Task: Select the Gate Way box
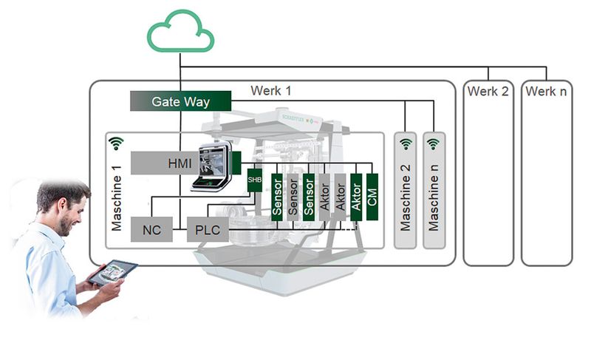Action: coord(180,101)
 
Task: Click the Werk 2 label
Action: coord(488,91)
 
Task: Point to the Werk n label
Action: coord(546,91)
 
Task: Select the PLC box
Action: coord(207,229)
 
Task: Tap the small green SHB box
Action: coord(255,180)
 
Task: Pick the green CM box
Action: coord(372,196)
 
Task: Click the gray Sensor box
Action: coord(293,196)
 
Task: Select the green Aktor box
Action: coord(357,196)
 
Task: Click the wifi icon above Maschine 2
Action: coord(404,143)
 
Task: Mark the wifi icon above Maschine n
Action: coord(433,143)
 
